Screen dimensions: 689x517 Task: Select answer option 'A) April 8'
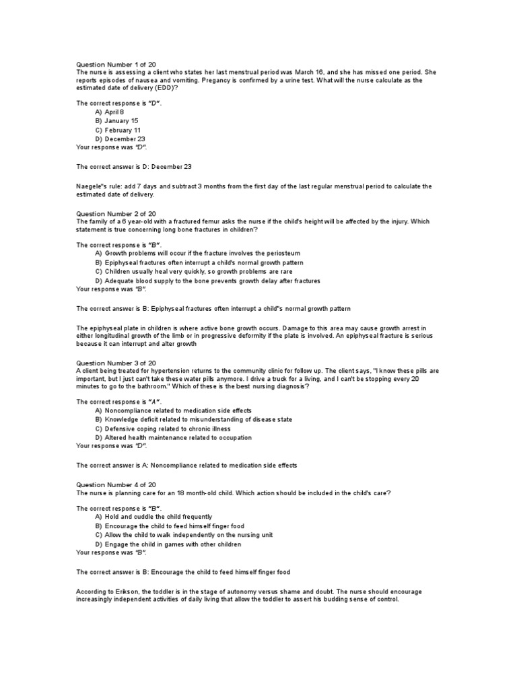(x=110, y=112)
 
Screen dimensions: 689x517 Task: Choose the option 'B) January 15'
(x=116, y=121)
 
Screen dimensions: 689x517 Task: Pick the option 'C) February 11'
(x=118, y=130)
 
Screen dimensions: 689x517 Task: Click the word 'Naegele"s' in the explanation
(x=93, y=186)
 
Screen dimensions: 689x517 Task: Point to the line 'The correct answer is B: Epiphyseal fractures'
(x=213, y=308)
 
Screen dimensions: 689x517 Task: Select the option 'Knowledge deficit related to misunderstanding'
(x=194, y=419)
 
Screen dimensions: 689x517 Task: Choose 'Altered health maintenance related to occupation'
(x=174, y=437)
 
